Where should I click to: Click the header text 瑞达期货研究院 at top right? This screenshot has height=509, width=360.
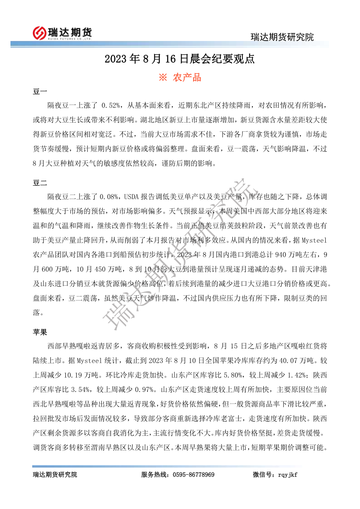coord(282,37)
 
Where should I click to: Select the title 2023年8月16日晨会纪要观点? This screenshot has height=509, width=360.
coord(180,59)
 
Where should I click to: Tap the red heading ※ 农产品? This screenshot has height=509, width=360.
coord(180,77)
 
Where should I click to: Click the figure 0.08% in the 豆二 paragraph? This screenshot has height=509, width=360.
coord(110,196)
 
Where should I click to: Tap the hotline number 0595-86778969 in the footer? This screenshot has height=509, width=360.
coord(195,475)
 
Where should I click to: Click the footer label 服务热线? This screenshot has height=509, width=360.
coord(154,475)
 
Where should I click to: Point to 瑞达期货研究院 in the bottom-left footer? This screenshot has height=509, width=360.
coord(55,475)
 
